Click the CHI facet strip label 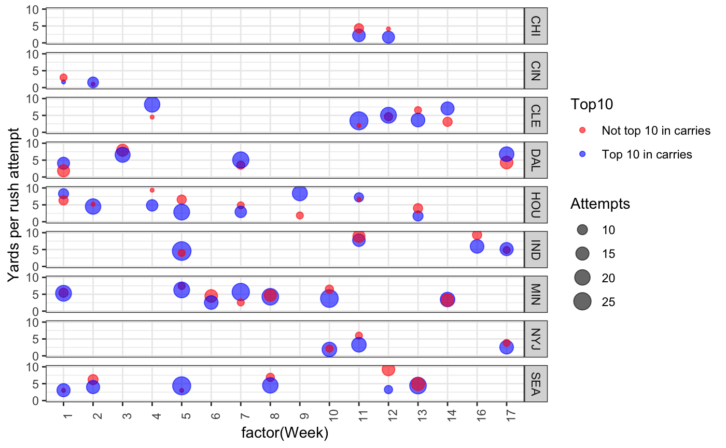click(536, 26)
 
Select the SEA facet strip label click(536, 384)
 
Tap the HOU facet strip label click(536, 205)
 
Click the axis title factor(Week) click(285, 433)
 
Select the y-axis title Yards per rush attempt click(14, 205)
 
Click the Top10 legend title click(591, 105)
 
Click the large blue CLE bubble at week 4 click(152, 104)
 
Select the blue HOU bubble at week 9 click(300, 193)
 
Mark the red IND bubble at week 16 click(477, 235)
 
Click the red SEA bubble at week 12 click(388, 369)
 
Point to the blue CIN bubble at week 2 click(93, 82)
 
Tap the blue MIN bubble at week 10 click(329, 298)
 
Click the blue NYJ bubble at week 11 click(359, 345)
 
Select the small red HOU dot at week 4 click(152, 190)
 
